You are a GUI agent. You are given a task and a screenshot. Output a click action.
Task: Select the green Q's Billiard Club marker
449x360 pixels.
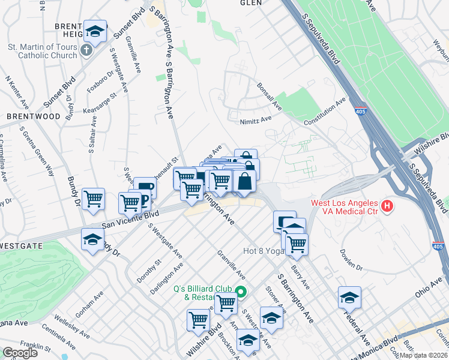point(241,293)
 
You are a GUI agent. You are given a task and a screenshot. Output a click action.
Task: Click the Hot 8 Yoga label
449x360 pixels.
point(262,251)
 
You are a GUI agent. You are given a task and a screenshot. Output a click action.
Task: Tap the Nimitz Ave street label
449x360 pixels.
point(256,119)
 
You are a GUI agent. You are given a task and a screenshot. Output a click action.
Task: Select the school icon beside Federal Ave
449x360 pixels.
point(349,297)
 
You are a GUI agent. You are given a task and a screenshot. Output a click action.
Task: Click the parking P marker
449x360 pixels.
point(145,200)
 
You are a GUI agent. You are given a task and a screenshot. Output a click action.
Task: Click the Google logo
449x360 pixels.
point(19,353)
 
